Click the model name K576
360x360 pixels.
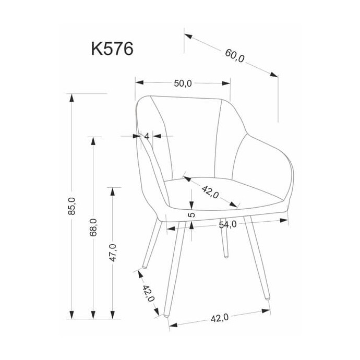coord(112,49)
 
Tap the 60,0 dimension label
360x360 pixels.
coord(235,56)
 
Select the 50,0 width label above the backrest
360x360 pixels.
coord(183,83)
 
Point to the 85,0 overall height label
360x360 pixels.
coord(71,206)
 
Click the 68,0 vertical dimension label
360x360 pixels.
coord(93,227)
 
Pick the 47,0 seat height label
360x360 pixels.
coord(113,253)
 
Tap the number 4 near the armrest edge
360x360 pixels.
coord(147,136)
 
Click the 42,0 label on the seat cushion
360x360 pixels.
coord(210,192)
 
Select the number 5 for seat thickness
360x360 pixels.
coord(191,214)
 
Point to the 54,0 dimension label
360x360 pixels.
coord(227,224)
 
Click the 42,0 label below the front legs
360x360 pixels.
coord(220,318)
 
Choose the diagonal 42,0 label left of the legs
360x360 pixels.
coord(149,293)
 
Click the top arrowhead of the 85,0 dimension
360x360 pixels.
coord(72,98)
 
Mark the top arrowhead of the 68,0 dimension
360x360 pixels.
coord(93,141)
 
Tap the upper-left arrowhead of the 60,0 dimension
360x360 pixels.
coord(188,36)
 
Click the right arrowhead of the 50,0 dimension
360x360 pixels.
coord(226,83)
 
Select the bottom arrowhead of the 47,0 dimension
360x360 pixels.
coord(113,315)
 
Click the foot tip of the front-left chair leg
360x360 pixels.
coord(166,316)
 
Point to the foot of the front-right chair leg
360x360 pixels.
coord(268,299)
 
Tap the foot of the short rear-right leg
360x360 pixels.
coord(226,257)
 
